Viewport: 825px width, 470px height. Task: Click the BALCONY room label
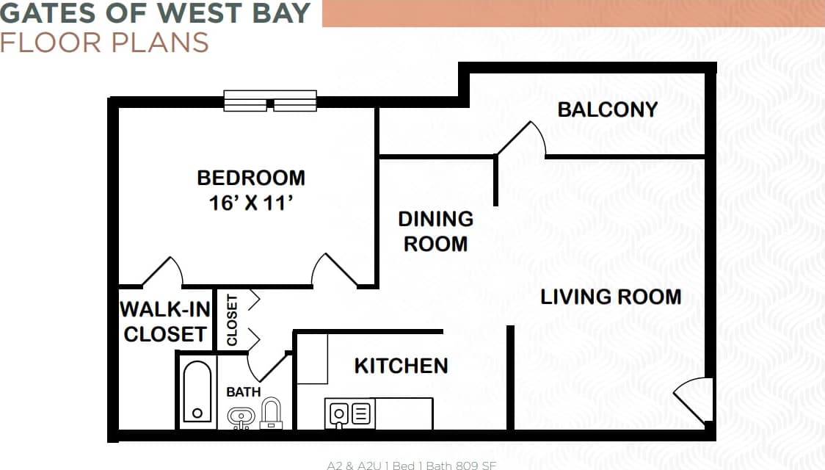coord(608,109)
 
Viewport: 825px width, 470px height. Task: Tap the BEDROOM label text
coord(251,178)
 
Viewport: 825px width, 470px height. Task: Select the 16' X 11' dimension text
coord(251,203)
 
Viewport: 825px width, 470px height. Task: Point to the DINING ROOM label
coord(436,231)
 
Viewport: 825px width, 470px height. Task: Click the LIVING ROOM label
coord(611,297)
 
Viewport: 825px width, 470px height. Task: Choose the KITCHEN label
coord(401,366)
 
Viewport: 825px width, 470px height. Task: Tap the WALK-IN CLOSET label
coord(165,322)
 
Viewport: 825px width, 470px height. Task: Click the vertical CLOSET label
coord(233,320)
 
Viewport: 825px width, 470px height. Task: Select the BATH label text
coord(243,392)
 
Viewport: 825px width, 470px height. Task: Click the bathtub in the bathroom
coord(197,392)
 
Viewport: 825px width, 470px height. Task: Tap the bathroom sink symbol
coord(240,417)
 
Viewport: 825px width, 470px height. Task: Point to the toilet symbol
coord(272,412)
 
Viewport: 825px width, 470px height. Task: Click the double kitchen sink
coord(350,414)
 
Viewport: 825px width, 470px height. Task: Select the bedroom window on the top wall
coord(270,101)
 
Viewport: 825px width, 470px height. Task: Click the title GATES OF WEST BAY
coord(156,13)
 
